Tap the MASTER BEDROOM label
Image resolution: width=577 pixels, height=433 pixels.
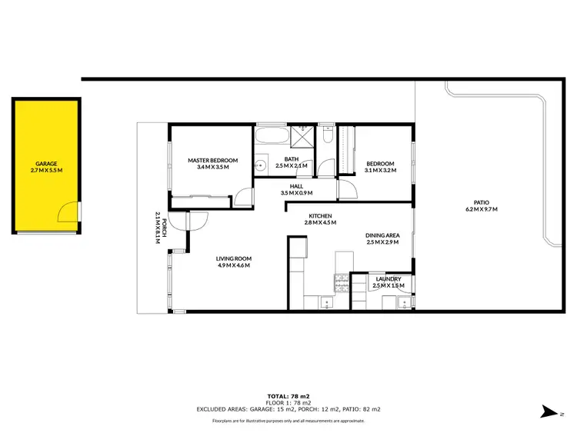pyautogui.click(x=212, y=161)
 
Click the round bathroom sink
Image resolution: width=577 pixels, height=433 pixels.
pyautogui.click(x=261, y=165)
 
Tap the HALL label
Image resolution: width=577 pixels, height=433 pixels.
pyautogui.click(x=296, y=186)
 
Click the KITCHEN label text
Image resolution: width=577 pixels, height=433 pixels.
pyautogui.click(x=320, y=215)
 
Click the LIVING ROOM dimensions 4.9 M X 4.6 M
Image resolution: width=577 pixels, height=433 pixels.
pyautogui.click(x=234, y=265)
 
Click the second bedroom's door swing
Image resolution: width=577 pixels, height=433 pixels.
pyautogui.click(x=347, y=188)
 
